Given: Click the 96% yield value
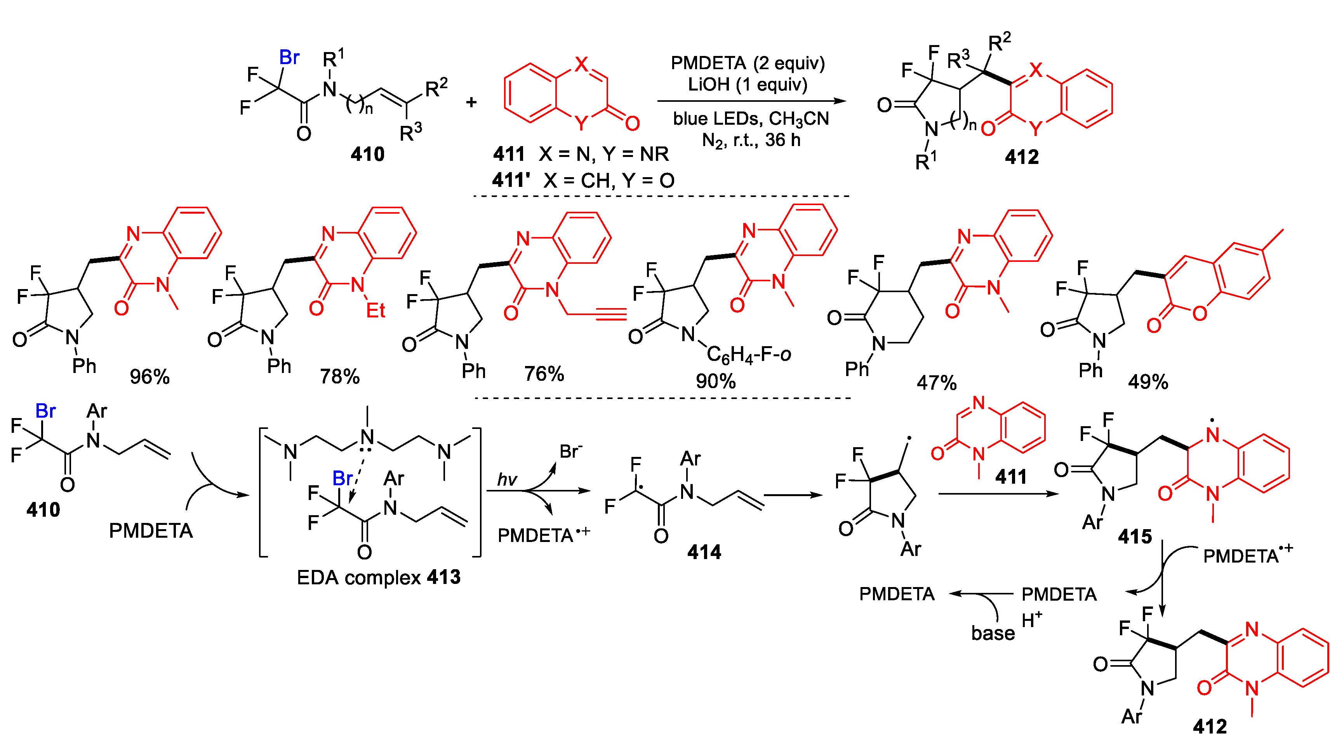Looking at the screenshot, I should pyautogui.click(x=150, y=377).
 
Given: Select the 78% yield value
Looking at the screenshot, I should pyautogui.click(x=340, y=376).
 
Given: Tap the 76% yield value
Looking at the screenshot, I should pyautogui.click(x=544, y=374).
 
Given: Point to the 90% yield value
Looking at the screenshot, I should pyautogui.click(x=716, y=381).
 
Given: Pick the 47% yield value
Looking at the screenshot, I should pyautogui.click(x=937, y=383).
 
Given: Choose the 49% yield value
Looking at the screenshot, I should pyautogui.click(x=1148, y=382).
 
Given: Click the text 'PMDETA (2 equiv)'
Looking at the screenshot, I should pyautogui.click(x=748, y=63).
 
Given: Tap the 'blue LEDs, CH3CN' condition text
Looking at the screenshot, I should pyautogui.click(x=751, y=119).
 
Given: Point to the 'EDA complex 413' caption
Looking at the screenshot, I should pyautogui.click(x=378, y=577).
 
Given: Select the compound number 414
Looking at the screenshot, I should pyautogui.click(x=704, y=552).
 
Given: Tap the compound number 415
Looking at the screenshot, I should pyautogui.click(x=1135, y=537).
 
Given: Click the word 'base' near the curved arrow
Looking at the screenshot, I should pyautogui.click(x=993, y=633).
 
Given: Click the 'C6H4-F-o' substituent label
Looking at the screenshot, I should pyautogui.click(x=749, y=355).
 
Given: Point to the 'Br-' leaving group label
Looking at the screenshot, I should pyautogui.click(x=571, y=451).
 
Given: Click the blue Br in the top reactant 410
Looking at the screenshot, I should pyautogui.click(x=290, y=58).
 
